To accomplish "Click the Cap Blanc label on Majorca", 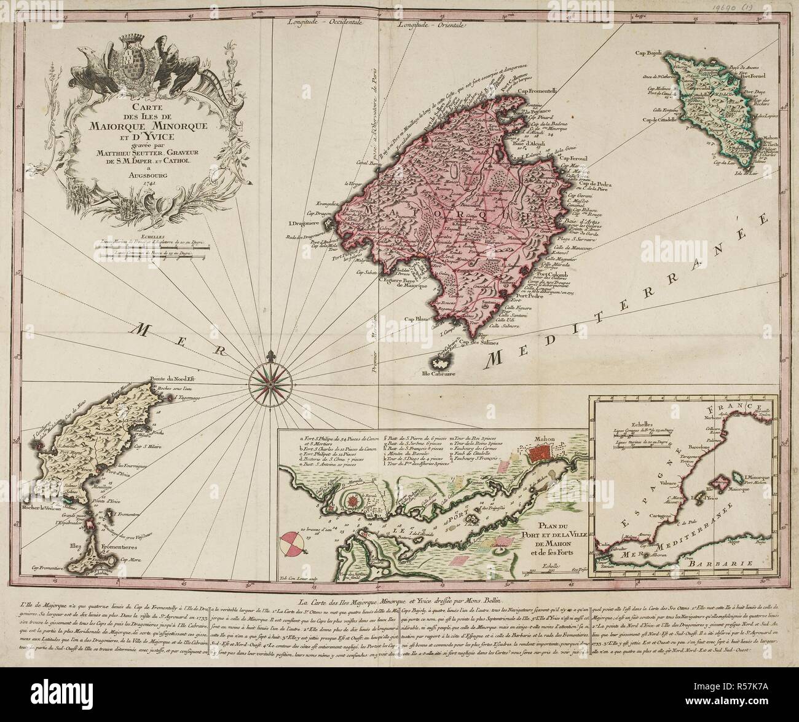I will [417, 319].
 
